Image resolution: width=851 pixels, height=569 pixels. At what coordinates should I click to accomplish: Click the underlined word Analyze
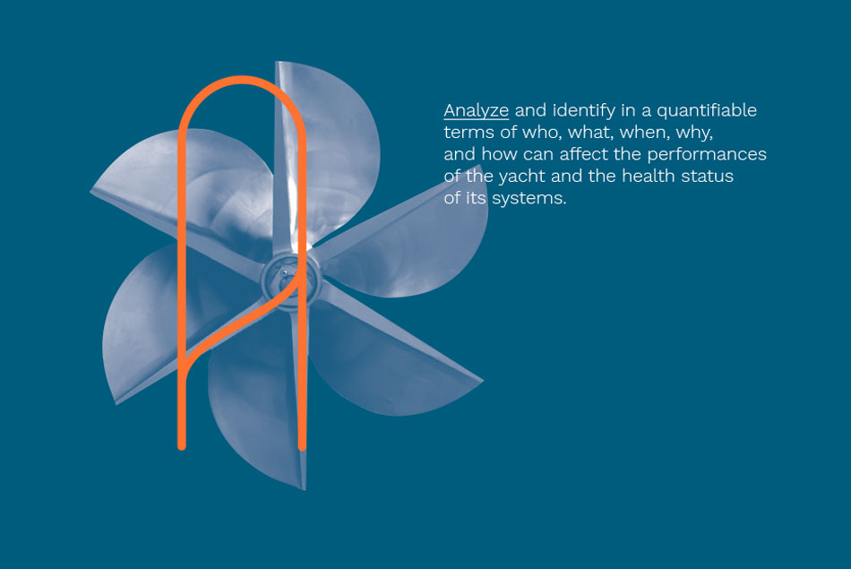point(476,111)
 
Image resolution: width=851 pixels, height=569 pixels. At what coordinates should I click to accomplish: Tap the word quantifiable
point(706,111)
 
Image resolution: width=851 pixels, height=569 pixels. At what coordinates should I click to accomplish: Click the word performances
point(707,155)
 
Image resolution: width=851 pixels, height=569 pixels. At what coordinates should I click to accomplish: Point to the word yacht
point(521,177)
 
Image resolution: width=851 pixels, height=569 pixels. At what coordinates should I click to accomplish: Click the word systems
point(529,198)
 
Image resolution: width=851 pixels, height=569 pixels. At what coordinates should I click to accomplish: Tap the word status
point(714,176)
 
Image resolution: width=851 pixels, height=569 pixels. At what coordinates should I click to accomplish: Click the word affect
point(583,154)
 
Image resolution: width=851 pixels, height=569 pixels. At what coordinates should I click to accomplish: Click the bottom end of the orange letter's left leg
point(182,446)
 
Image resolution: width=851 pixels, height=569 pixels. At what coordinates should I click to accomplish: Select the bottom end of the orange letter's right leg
point(302,446)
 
